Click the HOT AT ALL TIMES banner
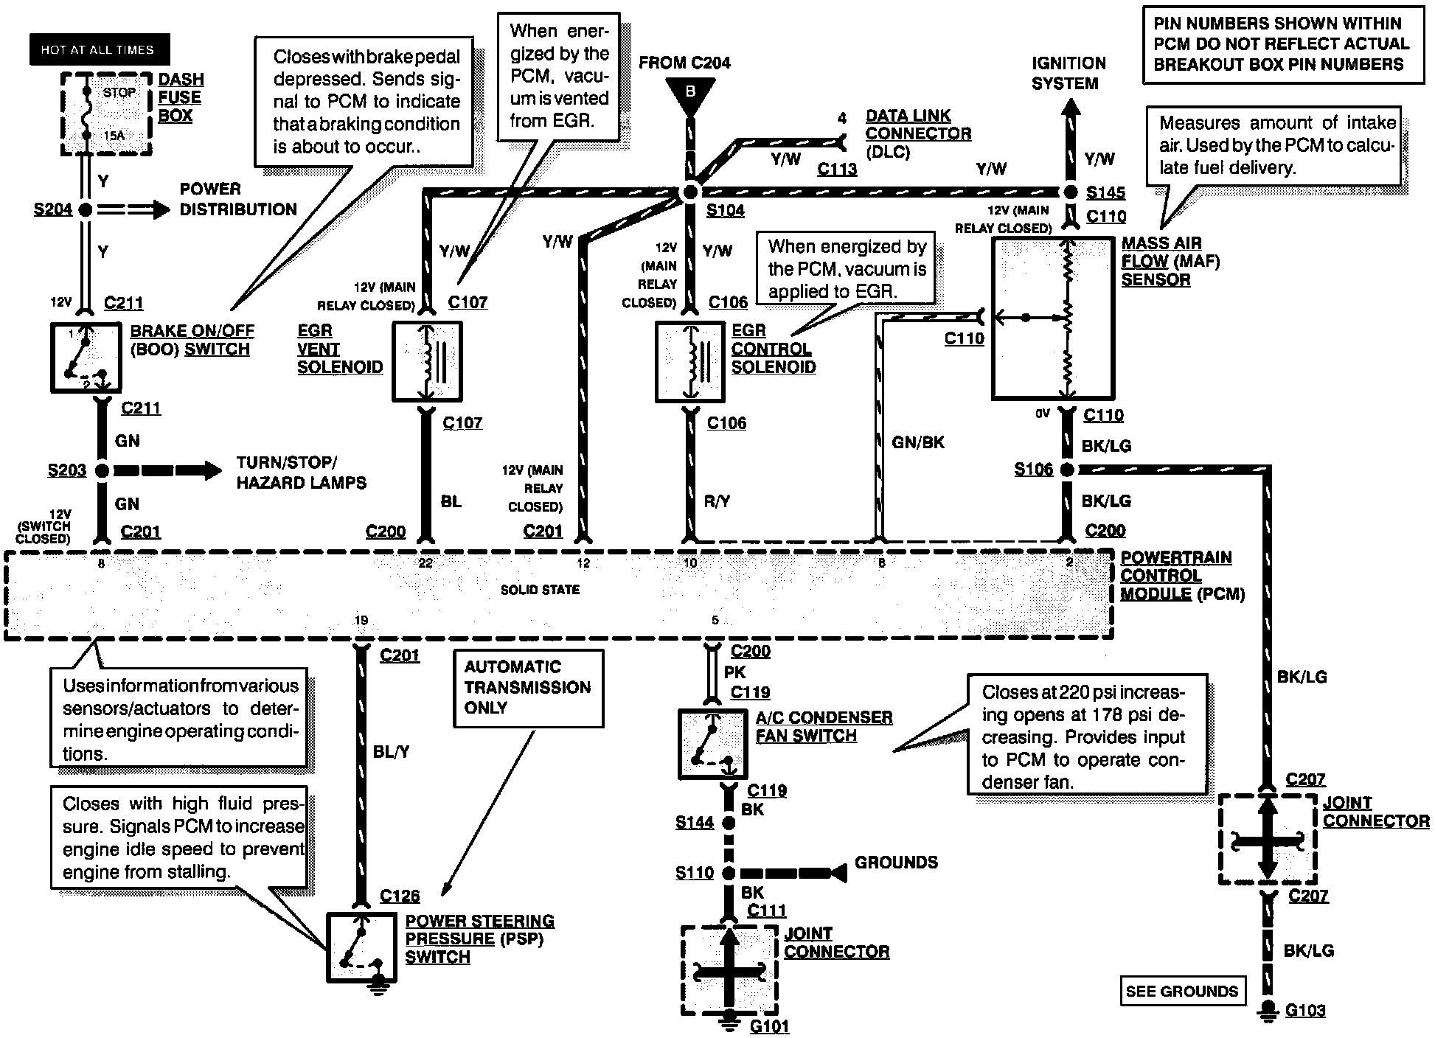(x=99, y=49)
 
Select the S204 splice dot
(x=86, y=209)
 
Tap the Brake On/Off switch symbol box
(x=86, y=357)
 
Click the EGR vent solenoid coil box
(x=427, y=361)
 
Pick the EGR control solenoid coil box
(x=690, y=361)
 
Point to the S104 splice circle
(x=690, y=192)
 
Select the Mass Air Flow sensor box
(x=1052, y=318)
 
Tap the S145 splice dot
(x=1070, y=192)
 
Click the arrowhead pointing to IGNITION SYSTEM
(x=1070, y=108)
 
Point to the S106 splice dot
(x=1066, y=469)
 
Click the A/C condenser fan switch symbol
(x=712, y=745)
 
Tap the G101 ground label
(x=769, y=1026)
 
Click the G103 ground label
(x=1305, y=1010)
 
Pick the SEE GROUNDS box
(x=1182, y=992)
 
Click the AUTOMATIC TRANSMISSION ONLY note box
(x=528, y=688)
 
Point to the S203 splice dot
(x=102, y=470)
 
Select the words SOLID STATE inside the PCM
(x=540, y=590)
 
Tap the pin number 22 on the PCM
(x=425, y=563)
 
